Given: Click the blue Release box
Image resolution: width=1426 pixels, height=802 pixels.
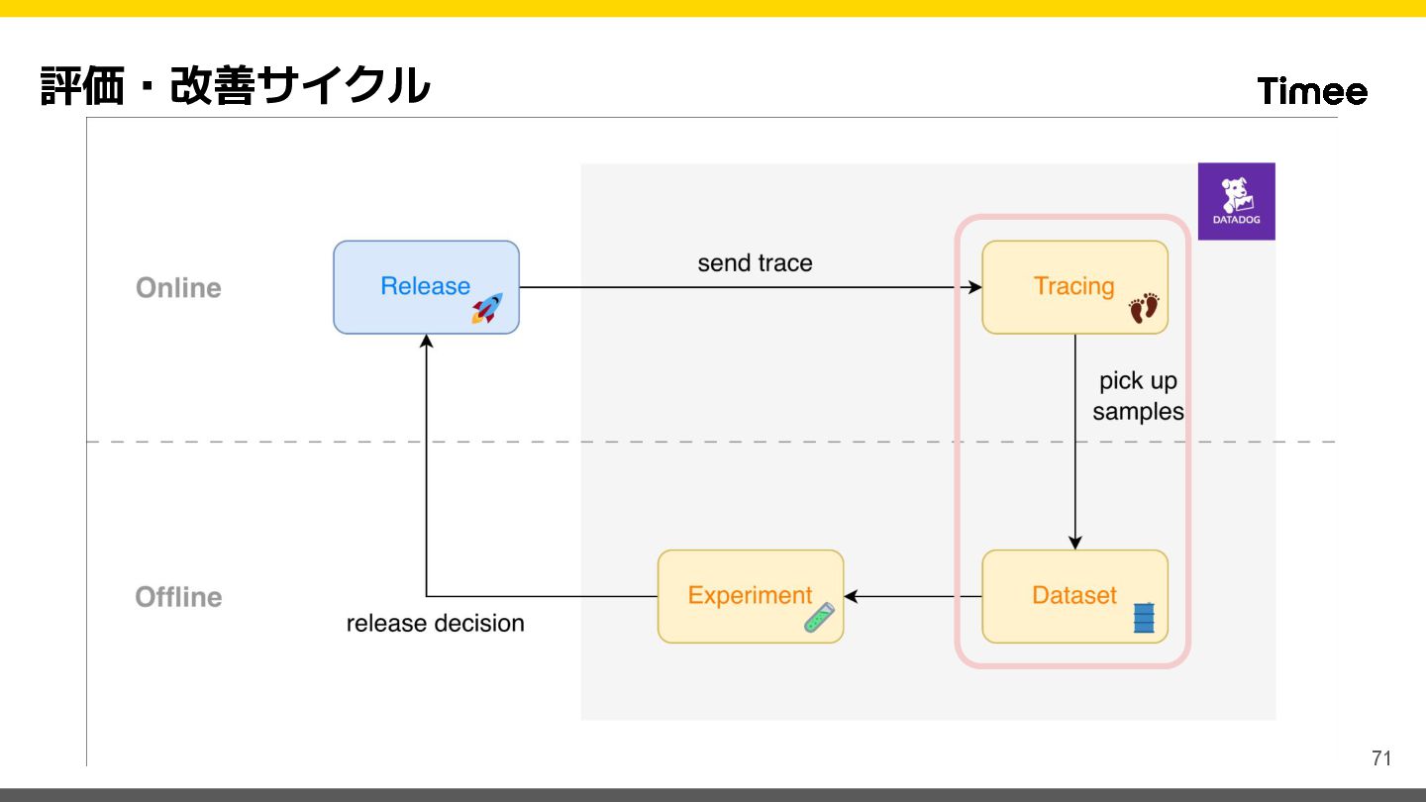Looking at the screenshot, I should [x=426, y=287].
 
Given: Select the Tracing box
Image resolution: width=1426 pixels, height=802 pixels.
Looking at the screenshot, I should [x=1074, y=287].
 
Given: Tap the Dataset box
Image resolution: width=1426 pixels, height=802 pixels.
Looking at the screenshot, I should [x=1074, y=596].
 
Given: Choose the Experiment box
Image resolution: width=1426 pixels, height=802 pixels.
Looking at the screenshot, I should [x=750, y=596].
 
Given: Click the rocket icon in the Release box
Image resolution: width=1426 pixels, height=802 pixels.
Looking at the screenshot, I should [x=486, y=308].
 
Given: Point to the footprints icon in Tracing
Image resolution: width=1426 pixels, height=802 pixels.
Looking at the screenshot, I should [x=1144, y=308].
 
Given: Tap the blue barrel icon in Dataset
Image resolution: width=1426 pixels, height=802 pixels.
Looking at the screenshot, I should [x=1144, y=618].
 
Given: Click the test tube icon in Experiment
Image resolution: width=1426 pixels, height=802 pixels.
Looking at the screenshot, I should [x=819, y=618].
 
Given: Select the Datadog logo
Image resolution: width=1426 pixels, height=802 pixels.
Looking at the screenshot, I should [x=1236, y=201].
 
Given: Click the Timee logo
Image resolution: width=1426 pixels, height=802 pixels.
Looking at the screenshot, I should [x=1312, y=92].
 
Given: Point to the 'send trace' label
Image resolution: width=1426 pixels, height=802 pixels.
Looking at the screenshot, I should [x=755, y=263].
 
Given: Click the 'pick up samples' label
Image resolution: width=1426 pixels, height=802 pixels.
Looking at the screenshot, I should [x=1138, y=396].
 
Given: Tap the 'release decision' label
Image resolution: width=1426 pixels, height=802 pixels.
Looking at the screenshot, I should [x=435, y=623].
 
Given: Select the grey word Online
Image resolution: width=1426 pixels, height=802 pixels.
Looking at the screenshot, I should [x=178, y=288].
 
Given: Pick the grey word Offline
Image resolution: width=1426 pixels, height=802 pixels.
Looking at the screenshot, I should [x=178, y=597].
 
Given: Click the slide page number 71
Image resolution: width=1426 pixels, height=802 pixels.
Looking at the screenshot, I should [x=1381, y=758].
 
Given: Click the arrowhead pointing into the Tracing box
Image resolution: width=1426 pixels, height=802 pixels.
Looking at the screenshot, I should [x=975, y=287].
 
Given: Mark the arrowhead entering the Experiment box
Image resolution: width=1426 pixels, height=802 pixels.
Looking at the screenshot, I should [x=851, y=596].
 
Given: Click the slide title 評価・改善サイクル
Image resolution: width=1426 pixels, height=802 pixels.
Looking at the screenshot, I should [x=236, y=86].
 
